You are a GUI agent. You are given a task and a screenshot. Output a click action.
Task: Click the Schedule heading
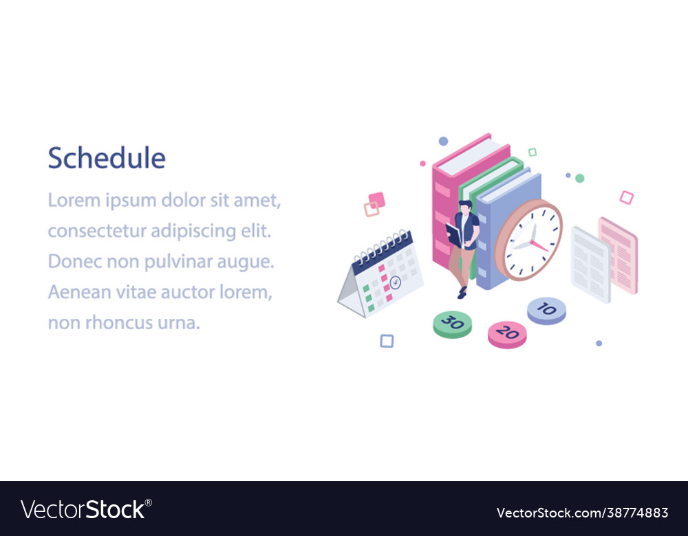107,159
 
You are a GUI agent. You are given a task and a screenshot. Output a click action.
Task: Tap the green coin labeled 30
452,323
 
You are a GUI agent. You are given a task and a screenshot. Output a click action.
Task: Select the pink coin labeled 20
507,334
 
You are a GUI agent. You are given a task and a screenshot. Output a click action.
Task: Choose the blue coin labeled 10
546,310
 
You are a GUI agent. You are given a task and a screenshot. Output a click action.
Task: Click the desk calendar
382,275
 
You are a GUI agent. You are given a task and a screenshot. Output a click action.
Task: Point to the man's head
465,207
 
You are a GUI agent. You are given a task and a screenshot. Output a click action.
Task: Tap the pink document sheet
619,255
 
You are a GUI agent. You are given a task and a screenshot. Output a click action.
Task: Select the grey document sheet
590,264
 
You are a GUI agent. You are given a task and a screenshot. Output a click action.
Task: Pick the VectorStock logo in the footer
86,510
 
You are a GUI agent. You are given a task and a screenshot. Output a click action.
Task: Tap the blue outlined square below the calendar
387,341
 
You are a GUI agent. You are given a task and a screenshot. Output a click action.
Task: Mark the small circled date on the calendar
395,282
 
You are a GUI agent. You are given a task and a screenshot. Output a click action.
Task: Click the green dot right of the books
580,179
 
